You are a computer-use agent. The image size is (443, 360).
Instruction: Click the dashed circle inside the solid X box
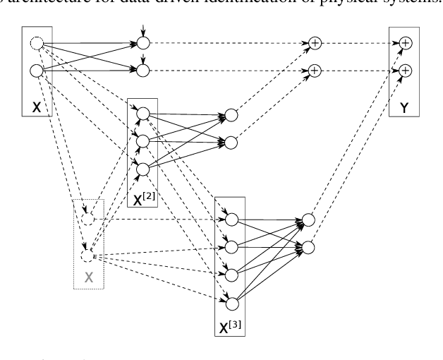pyautogui.click(x=36, y=44)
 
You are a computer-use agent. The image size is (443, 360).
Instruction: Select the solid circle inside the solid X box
pyautogui.click(x=36, y=71)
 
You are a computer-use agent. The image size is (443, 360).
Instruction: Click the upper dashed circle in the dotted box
pyautogui.click(x=87, y=220)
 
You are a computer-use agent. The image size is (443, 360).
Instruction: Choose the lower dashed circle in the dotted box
pyautogui.click(x=87, y=248)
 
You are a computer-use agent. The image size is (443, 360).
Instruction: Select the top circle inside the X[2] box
pyautogui.click(x=142, y=114)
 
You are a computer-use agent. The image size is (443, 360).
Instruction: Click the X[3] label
pyautogui.click(x=230, y=326)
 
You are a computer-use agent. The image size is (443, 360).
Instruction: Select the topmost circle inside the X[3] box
pyautogui.click(x=231, y=220)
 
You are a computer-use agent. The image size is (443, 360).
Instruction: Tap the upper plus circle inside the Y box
pyautogui.click(x=405, y=44)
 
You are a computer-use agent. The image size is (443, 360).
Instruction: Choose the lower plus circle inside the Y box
pyautogui.click(x=405, y=71)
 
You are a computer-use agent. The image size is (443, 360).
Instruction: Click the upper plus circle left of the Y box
pyautogui.click(x=315, y=44)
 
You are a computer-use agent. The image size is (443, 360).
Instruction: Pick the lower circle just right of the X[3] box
pyautogui.click(x=308, y=247)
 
